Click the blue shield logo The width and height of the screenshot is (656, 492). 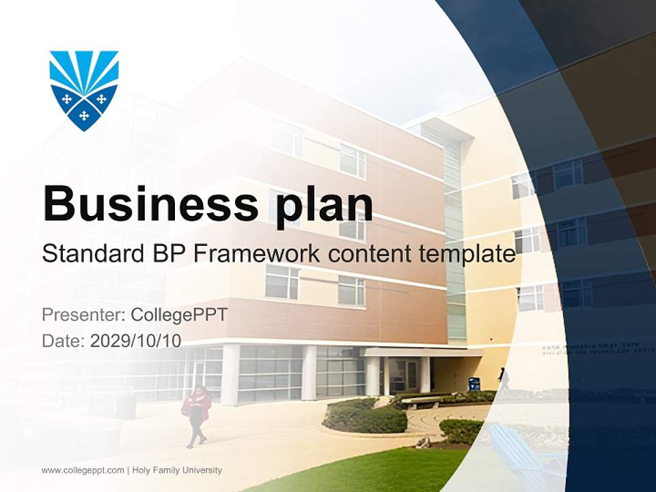pyautogui.click(x=84, y=90)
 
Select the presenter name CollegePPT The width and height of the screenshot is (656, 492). pyautogui.click(x=178, y=315)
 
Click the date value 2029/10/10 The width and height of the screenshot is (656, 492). pyautogui.click(x=136, y=341)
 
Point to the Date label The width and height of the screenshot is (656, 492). pyautogui.click(x=63, y=341)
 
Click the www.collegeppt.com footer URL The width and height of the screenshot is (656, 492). pyautogui.click(x=83, y=470)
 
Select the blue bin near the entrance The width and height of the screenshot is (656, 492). pyautogui.click(x=474, y=383)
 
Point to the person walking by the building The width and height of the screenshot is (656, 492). pyautogui.click(x=503, y=378)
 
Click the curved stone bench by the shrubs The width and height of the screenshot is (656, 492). pyautogui.click(x=421, y=402)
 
